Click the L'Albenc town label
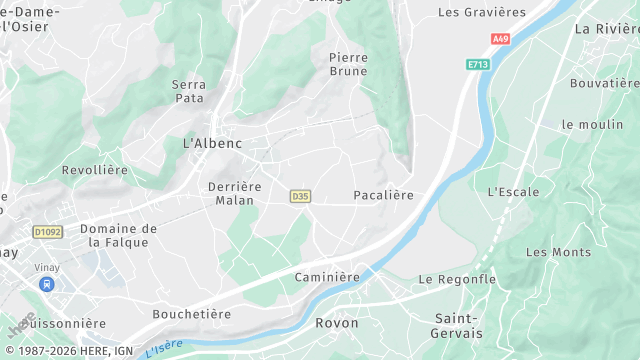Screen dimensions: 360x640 click(212, 143)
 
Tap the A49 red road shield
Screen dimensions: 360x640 click(500, 39)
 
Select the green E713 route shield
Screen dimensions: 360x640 click(479, 64)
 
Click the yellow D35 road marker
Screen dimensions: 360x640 click(299, 196)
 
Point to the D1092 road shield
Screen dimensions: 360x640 click(47, 232)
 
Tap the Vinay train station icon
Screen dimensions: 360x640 click(46, 284)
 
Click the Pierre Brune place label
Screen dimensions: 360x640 click(348, 64)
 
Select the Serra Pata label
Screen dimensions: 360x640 click(189, 92)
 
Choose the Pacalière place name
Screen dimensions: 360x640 click(383, 195)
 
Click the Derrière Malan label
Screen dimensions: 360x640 click(234, 193)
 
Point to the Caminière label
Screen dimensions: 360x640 click(327, 276)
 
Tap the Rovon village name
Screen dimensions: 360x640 click(336, 323)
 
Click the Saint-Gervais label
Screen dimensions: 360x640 click(457, 325)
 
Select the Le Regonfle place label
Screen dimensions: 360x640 click(457, 279)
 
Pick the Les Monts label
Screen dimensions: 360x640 click(558, 252)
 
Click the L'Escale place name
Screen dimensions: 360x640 click(513, 191)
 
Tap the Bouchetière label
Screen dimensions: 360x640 click(191, 314)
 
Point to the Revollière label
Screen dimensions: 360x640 click(95, 170)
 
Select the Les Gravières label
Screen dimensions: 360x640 click(482, 12)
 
